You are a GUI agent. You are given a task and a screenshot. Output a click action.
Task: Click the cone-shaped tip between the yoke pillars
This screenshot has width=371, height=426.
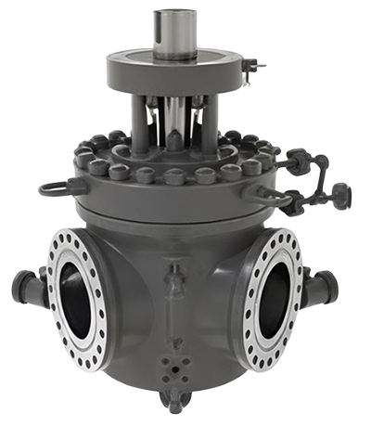click(174, 139)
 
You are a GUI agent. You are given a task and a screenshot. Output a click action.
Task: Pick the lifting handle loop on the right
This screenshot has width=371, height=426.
click(272, 197)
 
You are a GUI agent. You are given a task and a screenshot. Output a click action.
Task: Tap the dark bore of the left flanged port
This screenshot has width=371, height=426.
click(75, 299)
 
